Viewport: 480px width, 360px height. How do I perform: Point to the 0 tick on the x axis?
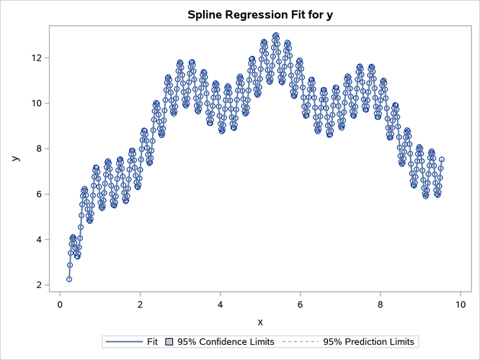point(60,304)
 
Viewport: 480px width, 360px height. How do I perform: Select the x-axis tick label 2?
point(140,304)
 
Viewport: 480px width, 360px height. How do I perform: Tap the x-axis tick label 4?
point(220,304)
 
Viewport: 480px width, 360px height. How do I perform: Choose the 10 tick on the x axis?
point(460,304)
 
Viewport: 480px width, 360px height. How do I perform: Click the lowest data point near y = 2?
point(69,279)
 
